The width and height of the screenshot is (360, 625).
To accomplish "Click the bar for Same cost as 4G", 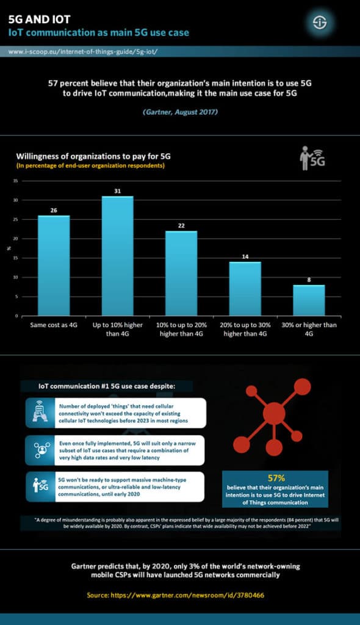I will pos(54,266).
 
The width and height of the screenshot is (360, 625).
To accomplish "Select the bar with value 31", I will pos(117,256).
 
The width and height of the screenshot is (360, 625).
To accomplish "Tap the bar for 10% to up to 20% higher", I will pos(181,273).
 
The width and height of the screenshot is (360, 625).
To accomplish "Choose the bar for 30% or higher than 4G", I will pos(308,300).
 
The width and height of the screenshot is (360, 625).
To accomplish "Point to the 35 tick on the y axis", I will pos(16,181).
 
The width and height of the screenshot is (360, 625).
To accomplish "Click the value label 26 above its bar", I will pos(54,211).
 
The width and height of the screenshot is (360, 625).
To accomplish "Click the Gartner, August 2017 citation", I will pos(180,113).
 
